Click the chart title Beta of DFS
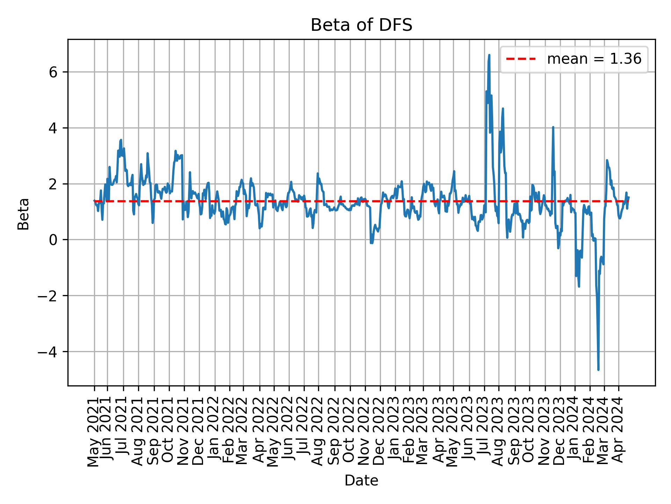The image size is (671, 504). [361, 26]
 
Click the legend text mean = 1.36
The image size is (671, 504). [594, 59]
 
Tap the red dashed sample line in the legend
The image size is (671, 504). [521, 59]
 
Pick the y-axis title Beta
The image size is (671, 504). [23, 214]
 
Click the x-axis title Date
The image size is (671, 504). [361, 481]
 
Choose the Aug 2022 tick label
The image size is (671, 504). [318, 430]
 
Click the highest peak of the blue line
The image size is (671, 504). [489, 55]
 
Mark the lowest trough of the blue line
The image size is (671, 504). [598, 369]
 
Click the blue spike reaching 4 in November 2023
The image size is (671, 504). [553, 127]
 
